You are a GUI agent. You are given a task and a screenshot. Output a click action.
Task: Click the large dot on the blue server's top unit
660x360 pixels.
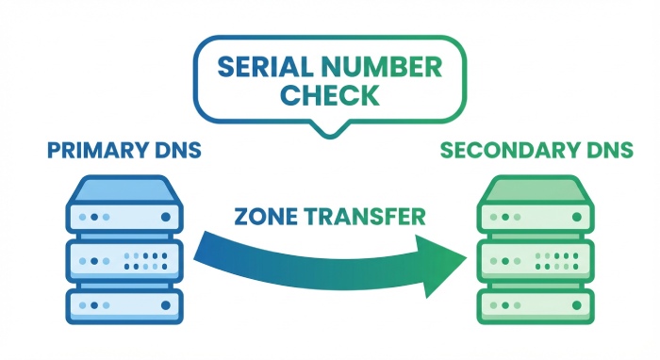[166, 217]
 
